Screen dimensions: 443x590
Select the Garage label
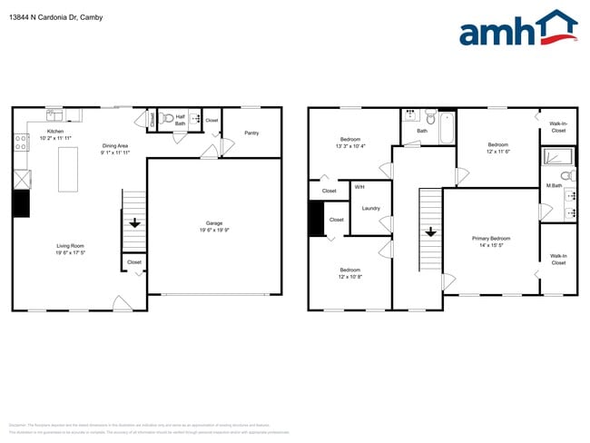[214, 222]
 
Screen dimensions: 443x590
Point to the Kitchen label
[55, 131]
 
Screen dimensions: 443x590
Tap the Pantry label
[251, 133]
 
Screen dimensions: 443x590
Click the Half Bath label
[180, 120]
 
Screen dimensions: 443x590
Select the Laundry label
[370, 208]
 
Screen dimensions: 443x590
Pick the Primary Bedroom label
[491, 238]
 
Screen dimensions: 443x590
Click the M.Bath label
[554, 186]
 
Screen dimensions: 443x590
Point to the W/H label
[359, 187]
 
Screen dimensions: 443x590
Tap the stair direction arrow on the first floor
[134, 221]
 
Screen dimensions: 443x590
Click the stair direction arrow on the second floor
[429, 231]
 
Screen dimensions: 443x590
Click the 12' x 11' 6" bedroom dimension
[498, 152]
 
